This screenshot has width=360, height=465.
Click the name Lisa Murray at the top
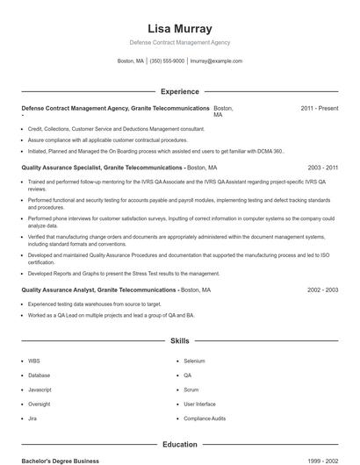click(x=179, y=28)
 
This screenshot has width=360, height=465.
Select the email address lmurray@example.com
click(x=215, y=61)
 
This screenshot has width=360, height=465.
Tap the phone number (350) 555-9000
click(x=167, y=61)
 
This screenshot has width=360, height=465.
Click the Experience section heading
click(x=179, y=91)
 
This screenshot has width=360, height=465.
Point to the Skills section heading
click(x=179, y=340)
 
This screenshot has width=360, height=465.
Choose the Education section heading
click(x=179, y=444)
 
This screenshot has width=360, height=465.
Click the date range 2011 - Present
click(x=320, y=108)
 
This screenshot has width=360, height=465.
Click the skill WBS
click(x=34, y=361)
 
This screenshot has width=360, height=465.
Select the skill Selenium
click(x=194, y=361)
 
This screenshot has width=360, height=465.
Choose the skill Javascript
click(x=40, y=390)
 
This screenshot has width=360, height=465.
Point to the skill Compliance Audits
click(x=205, y=418)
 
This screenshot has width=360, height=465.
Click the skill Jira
click(x=33, y=418)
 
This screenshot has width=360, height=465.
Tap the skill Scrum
click(x=191, y=390)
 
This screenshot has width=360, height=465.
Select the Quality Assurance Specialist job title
click(x=102, y=167)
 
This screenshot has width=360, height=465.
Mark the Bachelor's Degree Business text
click(x=60, y=461)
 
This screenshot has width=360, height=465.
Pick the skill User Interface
click(x=199, y=404)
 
